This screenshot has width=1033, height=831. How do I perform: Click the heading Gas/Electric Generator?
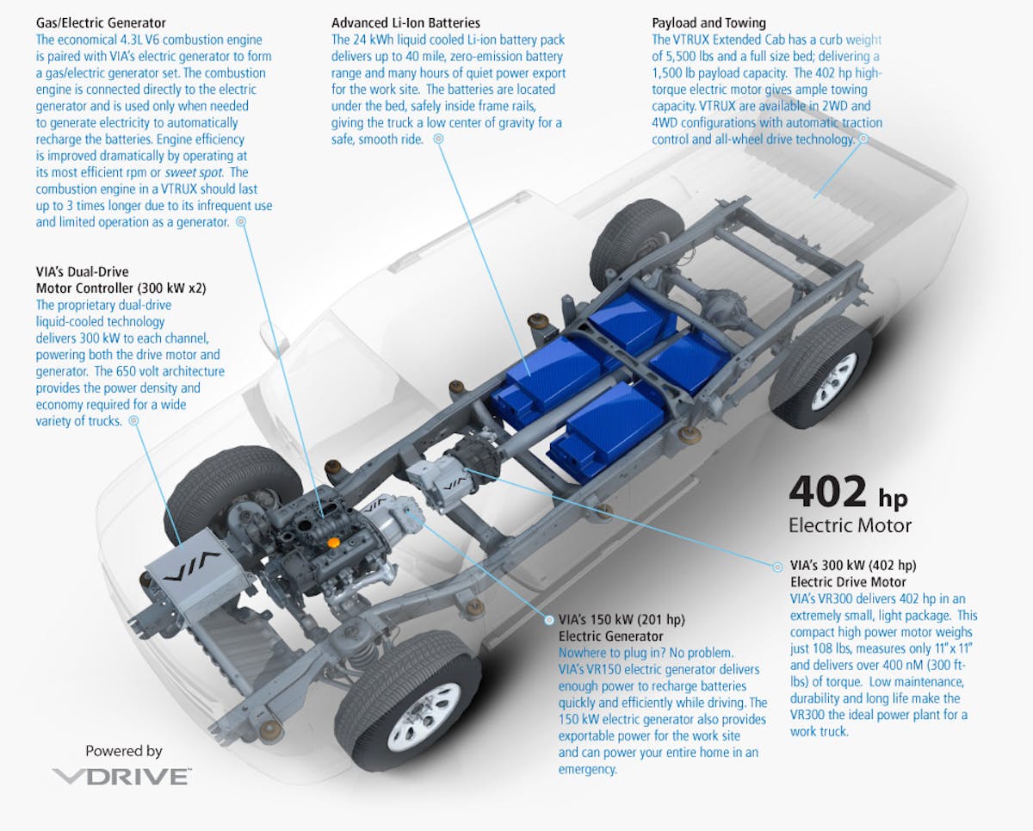click(x=102, y=22)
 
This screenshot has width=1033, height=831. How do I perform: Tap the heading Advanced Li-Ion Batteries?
click(x=405, y=22)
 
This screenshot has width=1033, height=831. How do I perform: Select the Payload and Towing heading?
click(x=708, y=22)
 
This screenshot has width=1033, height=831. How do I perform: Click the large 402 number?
click(x=828, y=493)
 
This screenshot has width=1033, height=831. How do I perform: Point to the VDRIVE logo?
click(x=121, y=777)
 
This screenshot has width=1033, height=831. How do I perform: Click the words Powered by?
click(x=123, y=751)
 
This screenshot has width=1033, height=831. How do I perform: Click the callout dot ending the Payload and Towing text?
click(x=862, y=139)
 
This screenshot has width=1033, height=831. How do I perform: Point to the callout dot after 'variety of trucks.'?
click(x=133, y=422)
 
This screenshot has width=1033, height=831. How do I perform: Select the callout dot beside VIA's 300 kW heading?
click(x=781, y=566)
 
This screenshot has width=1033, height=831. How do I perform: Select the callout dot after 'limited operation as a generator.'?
click(x=240, y=221)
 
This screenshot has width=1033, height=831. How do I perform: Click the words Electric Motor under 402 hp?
click(x=850, y=524)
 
